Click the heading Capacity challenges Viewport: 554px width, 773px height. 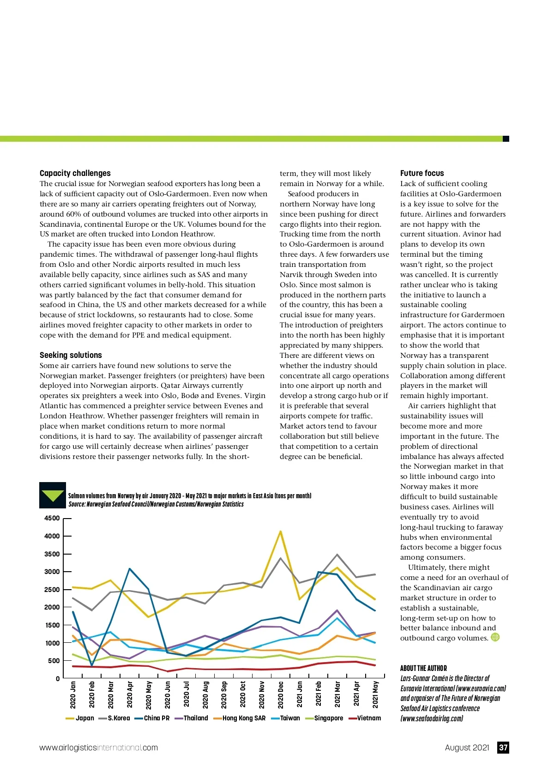(x=75, y=173)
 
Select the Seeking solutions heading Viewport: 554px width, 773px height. (x=71, y=355)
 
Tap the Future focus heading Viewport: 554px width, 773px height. (x=422, y=173)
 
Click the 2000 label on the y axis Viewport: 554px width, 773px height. (x=52, y=607)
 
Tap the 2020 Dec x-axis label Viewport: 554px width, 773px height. (x=281, y=694)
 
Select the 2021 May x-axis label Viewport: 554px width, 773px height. (x=375, y=694)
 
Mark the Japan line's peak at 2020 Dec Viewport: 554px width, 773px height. (x=281, y=531)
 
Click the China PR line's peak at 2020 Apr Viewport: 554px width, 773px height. (x=130, y=569)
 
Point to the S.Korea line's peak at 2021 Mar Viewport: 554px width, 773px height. (x=337, y=555)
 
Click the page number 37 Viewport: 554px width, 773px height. (x=503, y=748)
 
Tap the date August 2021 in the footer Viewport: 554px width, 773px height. (x=467, y=748)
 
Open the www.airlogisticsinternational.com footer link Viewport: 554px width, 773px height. (x=99, y=748)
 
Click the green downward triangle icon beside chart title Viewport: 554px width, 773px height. (x=53, y=495)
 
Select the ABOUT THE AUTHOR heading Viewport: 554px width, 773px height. (x=423, y=668)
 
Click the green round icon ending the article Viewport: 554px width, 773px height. (x=495, y=637)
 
